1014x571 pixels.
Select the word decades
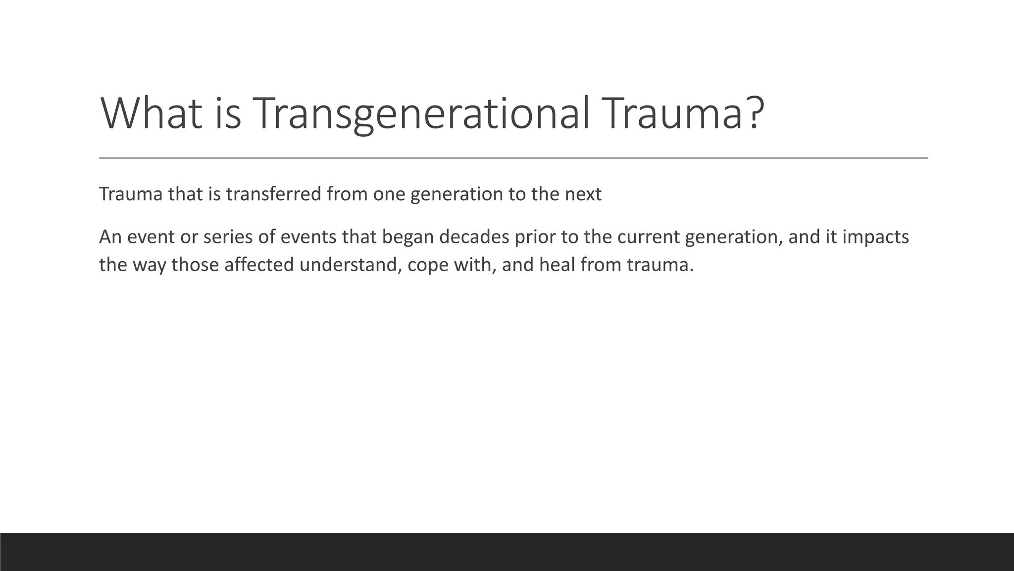474,237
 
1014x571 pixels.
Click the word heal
557,265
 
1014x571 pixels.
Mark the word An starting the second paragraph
110,237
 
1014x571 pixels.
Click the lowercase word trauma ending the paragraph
659,265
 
